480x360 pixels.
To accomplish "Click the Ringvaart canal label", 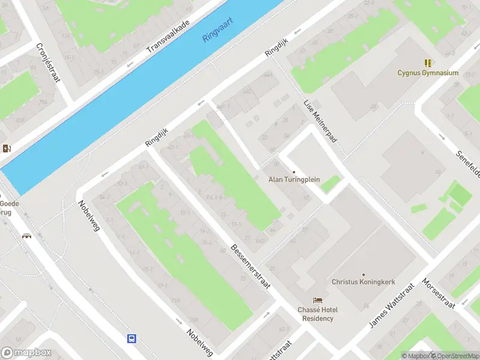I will pos(217,29).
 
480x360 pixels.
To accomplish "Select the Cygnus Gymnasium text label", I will pos(428,73).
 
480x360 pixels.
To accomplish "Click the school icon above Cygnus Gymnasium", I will pos(428,62).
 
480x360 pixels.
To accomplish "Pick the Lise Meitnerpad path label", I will pos(320,121).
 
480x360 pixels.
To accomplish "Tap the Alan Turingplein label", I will pos(294,179).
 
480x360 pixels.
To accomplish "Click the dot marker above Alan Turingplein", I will pos(294,172).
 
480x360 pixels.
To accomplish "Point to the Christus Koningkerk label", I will pos(362,281).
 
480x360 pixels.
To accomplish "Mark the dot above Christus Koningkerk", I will pos(363,274).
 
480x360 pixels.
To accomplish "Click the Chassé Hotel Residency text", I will pos(317,314).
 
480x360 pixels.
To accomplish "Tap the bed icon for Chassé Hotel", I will pos(317,299).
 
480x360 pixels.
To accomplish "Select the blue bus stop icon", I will pos(131,338).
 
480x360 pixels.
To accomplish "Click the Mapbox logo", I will pos(26,353).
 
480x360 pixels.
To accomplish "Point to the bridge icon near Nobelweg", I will pos(26,235).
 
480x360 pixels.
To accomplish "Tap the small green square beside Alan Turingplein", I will pos(330,184).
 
